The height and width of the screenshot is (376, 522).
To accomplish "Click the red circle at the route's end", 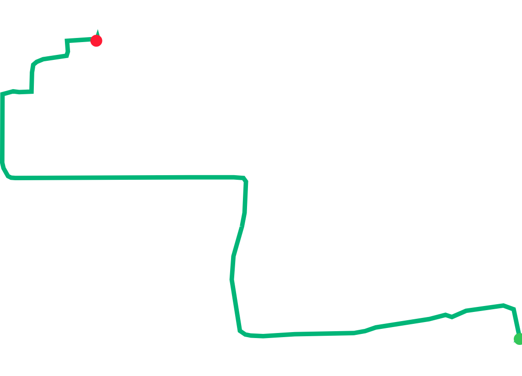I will (x=96, y=41).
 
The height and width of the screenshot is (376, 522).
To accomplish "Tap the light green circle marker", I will (x=519, y=339).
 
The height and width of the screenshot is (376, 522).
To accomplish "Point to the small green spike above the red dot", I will (x=97, y=32).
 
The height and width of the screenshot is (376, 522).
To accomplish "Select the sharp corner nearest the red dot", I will (x=67, y=41).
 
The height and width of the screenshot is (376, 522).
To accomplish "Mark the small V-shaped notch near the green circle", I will (x=452, y=317).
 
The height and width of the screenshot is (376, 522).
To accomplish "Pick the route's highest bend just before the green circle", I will (x=504, y=305).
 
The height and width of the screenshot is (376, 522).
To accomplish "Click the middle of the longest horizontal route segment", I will (x=124, y=177).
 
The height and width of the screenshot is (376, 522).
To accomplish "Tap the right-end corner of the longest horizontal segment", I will (x=246, y=178).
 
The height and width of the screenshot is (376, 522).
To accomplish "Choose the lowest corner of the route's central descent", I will (x=240, y=331).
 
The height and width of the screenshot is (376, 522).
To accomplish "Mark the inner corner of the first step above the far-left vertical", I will (x=32, y=92).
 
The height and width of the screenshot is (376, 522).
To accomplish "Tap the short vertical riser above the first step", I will (x=32, y=78).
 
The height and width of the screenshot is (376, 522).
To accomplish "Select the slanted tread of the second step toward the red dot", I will (x=55, y=57).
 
